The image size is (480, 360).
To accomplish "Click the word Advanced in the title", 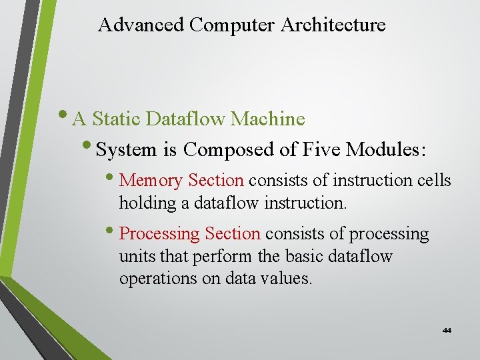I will tap(141, 25).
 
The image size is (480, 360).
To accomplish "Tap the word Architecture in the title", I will tap(333, 25).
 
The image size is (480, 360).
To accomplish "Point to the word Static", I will tap(117, 119).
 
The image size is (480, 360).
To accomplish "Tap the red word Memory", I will tap(151, 181).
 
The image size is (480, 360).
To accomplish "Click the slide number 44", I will tap(446, 331).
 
